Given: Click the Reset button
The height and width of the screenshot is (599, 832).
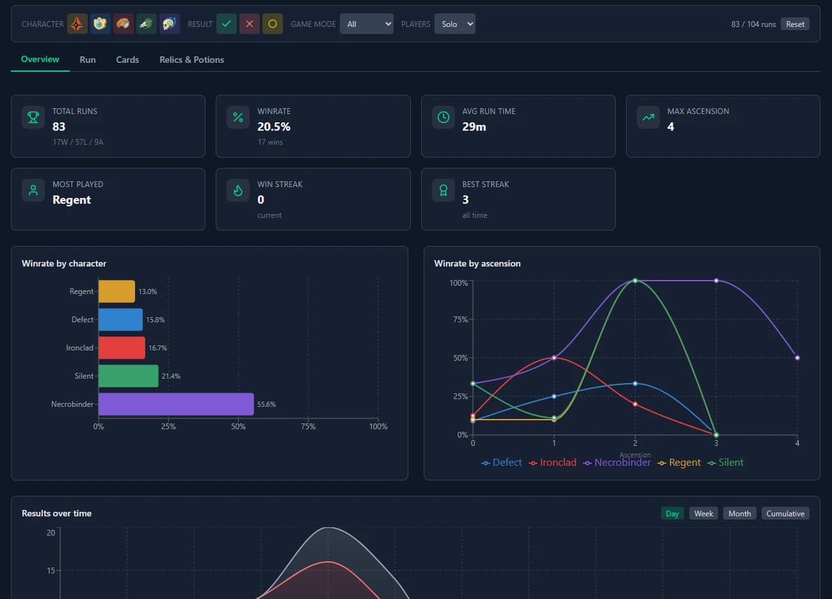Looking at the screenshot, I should [x=795, y=24].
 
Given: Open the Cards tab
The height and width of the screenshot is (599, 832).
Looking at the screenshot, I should [x=127, y=60].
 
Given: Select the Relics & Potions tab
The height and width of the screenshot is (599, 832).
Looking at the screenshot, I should [x=191, y=60].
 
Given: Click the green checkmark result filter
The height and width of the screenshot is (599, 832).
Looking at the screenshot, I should [x=226, y=24].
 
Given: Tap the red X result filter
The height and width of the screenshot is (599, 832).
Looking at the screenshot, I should [x=249, y=24].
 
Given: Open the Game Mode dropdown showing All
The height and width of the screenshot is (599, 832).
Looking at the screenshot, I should [x=366, y=24].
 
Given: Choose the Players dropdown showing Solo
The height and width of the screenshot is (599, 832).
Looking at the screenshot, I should [x=454, y=24].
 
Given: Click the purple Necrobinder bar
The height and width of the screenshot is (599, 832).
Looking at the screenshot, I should [x=176, y=404].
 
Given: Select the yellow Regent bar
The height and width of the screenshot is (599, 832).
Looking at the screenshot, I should [x=116, y=291].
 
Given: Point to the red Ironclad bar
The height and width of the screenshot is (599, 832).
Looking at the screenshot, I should [x=122, y=348].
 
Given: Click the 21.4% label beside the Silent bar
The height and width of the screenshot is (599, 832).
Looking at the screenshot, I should [x=171, y=376].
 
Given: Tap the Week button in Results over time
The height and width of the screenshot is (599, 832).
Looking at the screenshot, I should [x=703, y=514].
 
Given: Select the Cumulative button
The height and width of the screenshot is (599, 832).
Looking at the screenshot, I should [x=785, y=514].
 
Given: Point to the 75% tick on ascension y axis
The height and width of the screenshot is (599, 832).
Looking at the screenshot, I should [x=460, y=320].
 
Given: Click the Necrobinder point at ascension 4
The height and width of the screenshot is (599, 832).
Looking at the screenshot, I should [x=797, y=357].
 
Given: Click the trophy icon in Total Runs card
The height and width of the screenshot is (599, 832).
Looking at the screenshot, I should [x=33, y=117].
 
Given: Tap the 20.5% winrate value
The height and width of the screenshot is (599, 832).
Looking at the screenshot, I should [x=274, y=127].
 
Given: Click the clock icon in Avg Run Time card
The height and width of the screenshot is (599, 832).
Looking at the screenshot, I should [x=443, y=117].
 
